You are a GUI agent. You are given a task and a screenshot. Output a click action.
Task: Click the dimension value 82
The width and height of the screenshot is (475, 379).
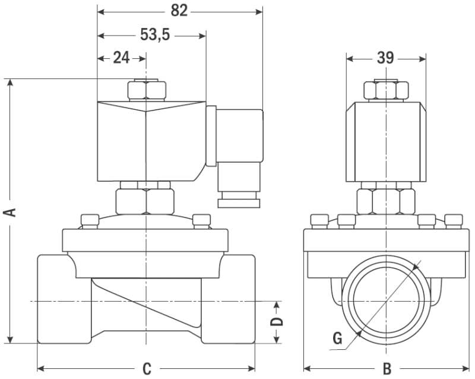click(x=179, y=10)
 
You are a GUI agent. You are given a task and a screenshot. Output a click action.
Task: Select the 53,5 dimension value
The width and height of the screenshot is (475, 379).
click(x=155, y=35)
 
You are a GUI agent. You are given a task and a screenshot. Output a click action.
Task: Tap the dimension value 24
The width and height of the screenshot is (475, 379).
click(x=121, y=58)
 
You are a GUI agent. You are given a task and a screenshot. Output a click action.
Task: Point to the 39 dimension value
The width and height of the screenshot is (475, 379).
click(x=385, y=58)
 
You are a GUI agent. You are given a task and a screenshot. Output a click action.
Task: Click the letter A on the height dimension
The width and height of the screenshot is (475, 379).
click(x=11, y=212)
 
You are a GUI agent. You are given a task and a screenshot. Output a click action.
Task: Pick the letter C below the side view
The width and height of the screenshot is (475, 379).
click(x=147, y=368)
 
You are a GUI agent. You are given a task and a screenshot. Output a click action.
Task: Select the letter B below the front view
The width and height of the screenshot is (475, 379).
click(x=386, y=368)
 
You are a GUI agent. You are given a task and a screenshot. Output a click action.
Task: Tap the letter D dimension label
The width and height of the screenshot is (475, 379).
click(x=277, y=321)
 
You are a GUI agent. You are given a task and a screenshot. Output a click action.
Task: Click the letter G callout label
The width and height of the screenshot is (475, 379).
click(x=337, y=339)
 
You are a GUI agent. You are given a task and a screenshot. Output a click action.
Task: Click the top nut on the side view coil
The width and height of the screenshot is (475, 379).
click(x=146, y=90)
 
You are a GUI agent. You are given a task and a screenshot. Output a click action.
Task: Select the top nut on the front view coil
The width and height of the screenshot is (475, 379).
click(x=386, y=90)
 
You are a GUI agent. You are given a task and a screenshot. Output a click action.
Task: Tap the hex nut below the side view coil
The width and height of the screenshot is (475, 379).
click(x=146, y=201)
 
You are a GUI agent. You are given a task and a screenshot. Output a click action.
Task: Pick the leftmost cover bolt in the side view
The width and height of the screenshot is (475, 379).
click(x=89, y=220)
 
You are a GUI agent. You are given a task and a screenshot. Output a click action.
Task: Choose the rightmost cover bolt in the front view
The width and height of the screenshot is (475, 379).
click(x=454, y=220)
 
